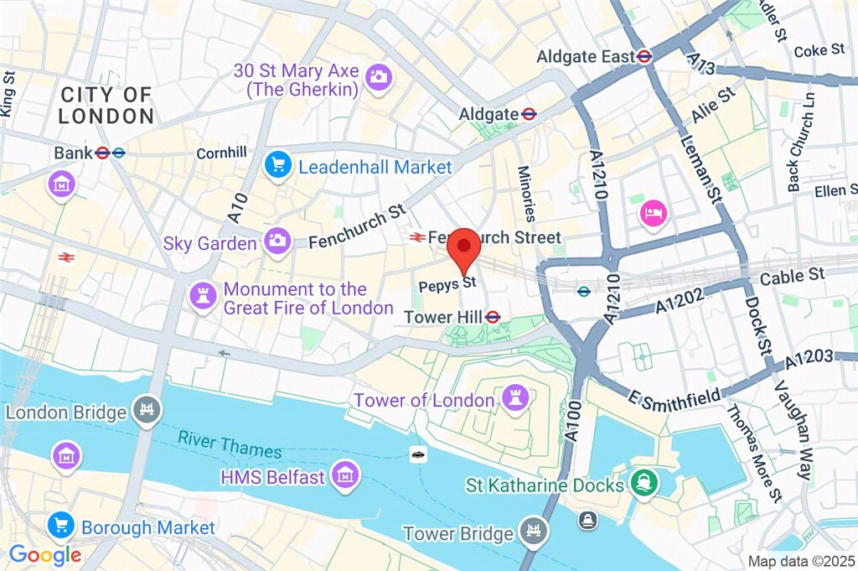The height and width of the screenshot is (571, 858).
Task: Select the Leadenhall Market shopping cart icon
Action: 277,166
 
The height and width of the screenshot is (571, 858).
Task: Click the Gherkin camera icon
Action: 379,77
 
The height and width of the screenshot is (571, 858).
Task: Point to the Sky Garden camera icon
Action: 277,241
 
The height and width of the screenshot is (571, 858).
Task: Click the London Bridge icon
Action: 147,411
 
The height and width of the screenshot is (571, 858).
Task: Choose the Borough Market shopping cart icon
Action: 61,527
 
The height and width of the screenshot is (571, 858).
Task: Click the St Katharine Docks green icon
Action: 643,485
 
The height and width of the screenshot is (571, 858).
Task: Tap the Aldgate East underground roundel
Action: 643,57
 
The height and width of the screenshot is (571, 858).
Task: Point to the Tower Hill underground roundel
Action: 493,317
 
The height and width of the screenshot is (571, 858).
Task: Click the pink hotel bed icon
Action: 654,213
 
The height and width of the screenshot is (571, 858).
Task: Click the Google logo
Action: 45,554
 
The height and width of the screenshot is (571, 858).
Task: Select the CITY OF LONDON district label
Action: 106,106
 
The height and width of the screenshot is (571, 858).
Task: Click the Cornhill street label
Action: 221,153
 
